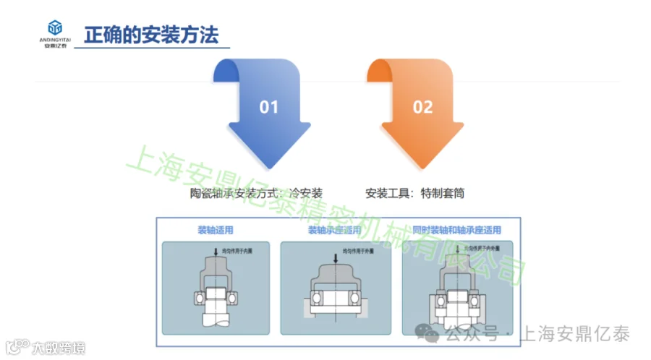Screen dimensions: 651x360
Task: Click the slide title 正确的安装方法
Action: [x=150, y=35]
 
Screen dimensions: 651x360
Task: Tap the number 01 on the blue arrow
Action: [x=268, y=107]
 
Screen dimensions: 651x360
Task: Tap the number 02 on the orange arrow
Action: [x=422, y=107]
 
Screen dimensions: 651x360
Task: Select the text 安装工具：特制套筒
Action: [x=415, y=193]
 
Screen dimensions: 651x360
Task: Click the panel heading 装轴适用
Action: [x=216, y=231]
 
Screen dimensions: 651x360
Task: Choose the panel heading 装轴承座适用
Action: [x=334, y=231]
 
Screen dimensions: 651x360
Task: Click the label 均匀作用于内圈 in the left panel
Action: [x=236, y=251]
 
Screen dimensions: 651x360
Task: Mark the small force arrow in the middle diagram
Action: [x=335, y=255]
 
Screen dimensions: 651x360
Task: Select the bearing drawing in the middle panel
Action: [x=334, y=293]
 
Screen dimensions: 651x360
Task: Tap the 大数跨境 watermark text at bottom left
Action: [x=58, y=348]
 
